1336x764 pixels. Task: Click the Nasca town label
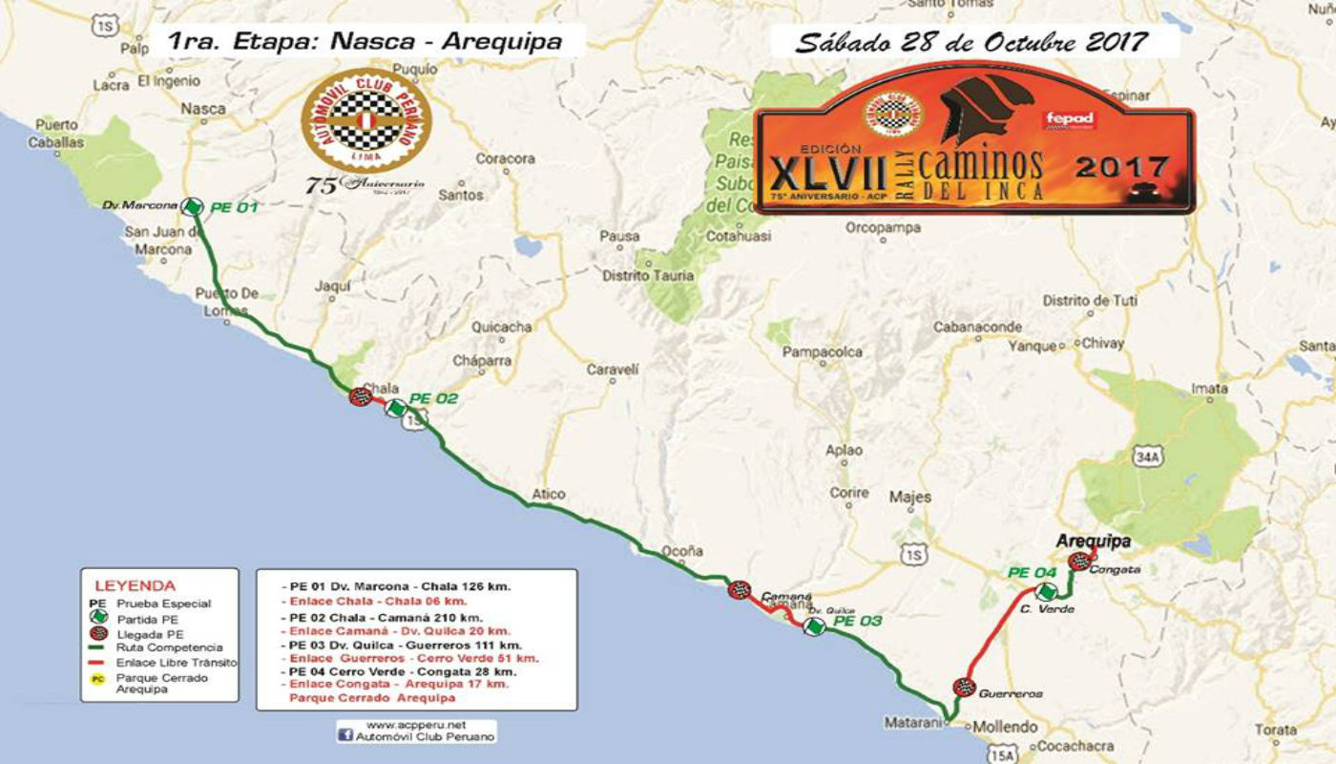[x=202, y=109]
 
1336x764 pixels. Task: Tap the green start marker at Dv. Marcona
[x=193, y=206]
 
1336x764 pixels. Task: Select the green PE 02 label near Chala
[x=433, y=399]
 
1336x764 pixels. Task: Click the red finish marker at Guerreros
[x=964, y=687]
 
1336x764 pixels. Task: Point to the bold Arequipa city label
[x=1093, y=541]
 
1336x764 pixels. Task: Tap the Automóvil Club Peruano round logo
[x=365, y=121]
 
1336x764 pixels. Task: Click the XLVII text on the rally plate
[x=836, y=175]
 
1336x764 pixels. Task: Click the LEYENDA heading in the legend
[x=135, y=584]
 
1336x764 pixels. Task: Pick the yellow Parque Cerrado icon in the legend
[x=97, y=679]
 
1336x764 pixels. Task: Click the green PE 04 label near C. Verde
[x=1033, y=573]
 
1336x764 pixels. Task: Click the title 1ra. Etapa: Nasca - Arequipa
[x=364, y=41]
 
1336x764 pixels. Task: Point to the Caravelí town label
[x=611, y=369]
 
